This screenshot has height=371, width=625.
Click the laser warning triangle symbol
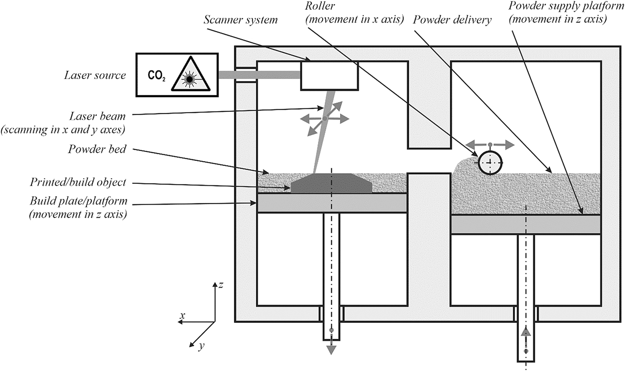pyautogui.click(x=189, y=75)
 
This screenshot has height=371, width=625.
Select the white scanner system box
pyautogui.click(x=329, y=75)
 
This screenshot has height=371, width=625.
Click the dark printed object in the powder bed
pyautogui.click(x=332, y=183)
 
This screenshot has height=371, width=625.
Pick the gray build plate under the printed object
pyautogui.click(x=332, y=203)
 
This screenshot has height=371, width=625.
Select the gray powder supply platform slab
pyautogui.click(x=525, y=224)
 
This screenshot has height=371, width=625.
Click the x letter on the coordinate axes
pyautogui.click(x=182, y=314)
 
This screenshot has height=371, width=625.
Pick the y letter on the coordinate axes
pyautogui.click(x=201, y=346)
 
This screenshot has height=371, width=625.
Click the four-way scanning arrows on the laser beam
pyautogui.click(x=325, y=119)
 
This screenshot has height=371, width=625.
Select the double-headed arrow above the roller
pyautogui.click(x=490, y=144)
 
